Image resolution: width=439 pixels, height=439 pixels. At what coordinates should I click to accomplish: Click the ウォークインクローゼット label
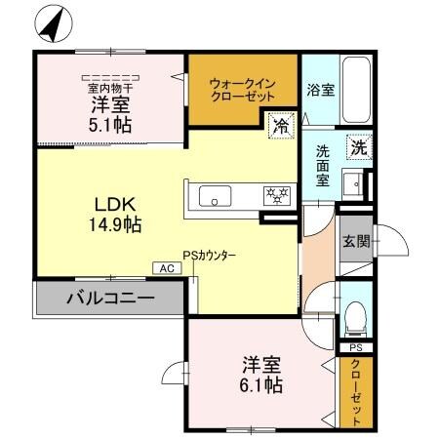click(243, 91)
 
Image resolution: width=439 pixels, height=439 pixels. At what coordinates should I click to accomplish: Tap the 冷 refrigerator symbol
click(280, 125)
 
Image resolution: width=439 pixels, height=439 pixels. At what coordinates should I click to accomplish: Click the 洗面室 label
click(323, 165)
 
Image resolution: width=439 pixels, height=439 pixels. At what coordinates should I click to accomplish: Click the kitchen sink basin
click(216, 196)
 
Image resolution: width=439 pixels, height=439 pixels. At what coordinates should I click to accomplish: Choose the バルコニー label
click(109, 298)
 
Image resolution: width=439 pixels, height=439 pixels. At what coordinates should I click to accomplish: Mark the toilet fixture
click(356, 313)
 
